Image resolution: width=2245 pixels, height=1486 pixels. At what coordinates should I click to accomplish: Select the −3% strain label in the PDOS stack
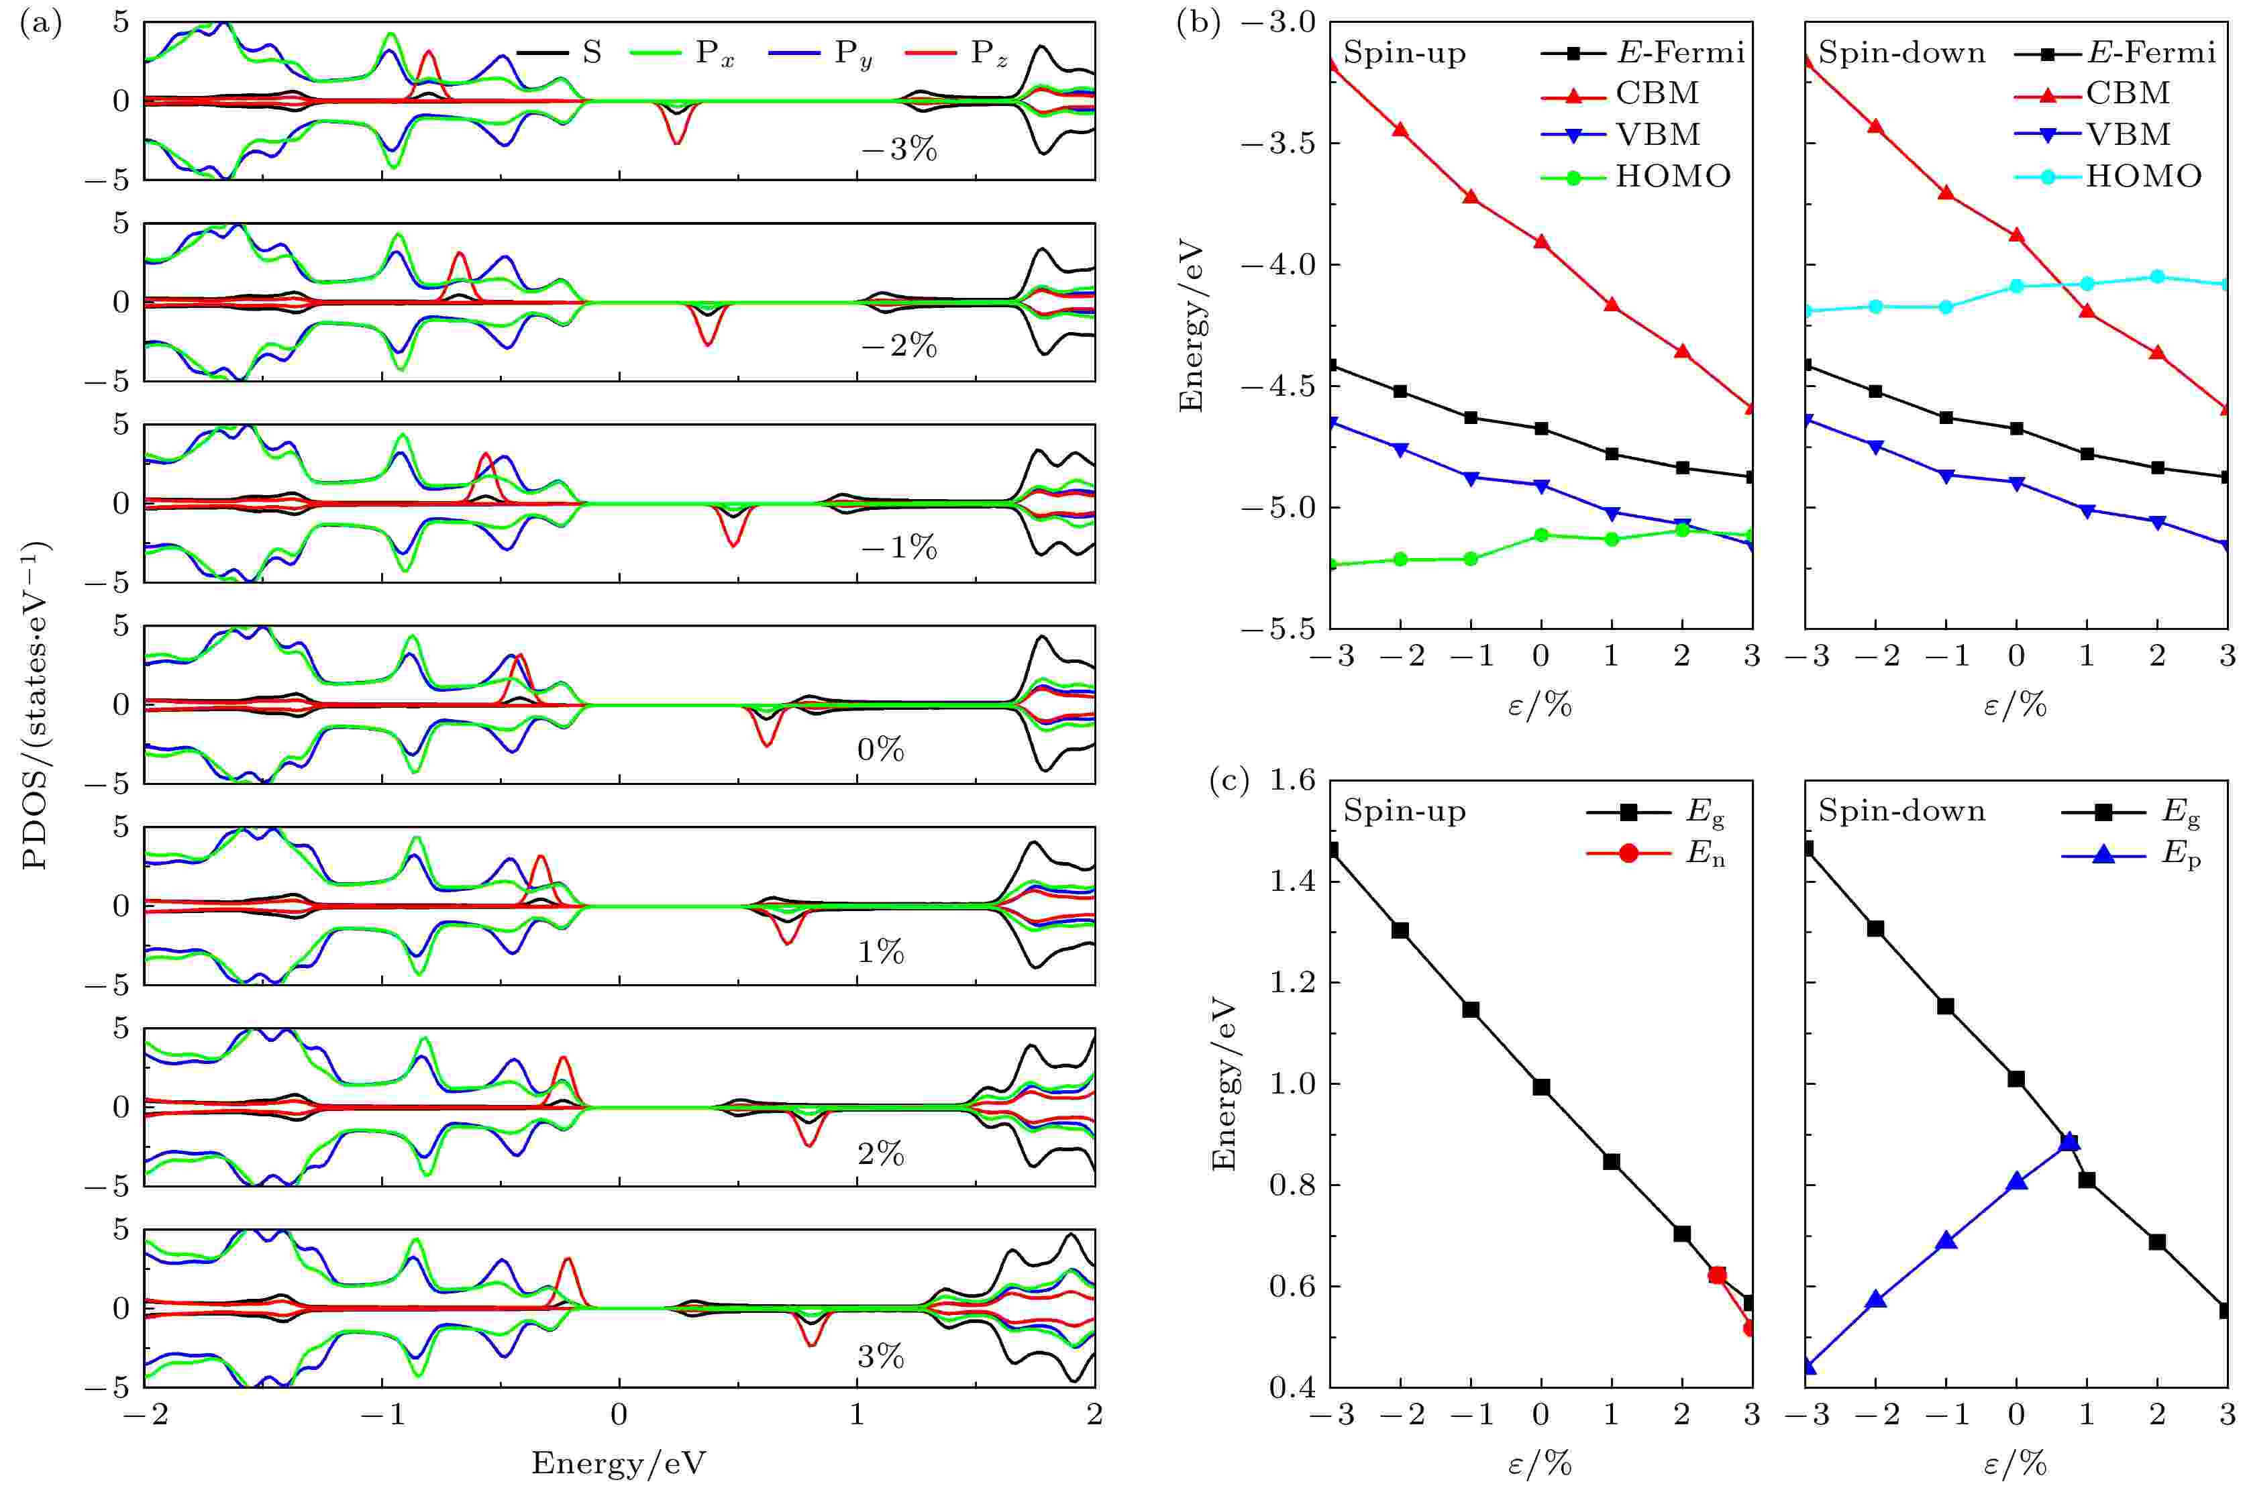coord(898,150)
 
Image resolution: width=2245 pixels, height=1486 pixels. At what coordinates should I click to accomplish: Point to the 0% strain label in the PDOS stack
coord(880,751)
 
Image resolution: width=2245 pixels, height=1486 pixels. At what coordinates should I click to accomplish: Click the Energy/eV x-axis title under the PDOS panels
coord(619,1463)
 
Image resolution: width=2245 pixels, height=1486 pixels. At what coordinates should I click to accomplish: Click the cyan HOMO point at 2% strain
coord(2158,276)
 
